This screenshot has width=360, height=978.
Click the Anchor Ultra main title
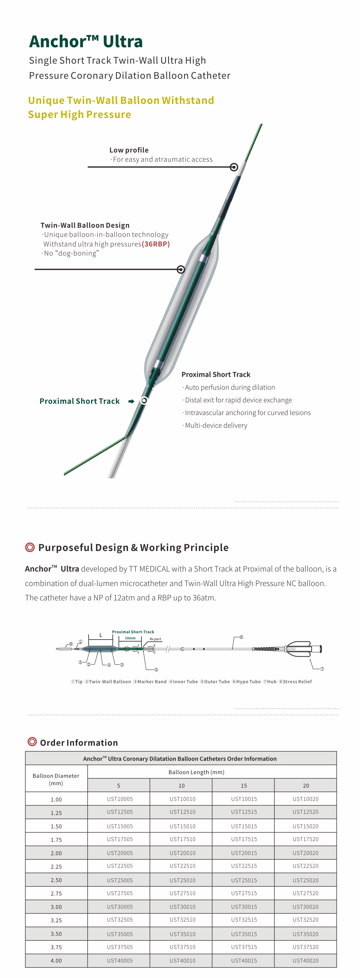(x=86, y=41)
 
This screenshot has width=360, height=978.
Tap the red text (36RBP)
(x=156, y=244)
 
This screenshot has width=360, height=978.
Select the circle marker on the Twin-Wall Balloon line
(x=181, y=270)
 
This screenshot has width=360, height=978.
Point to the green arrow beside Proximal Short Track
(x=131, y=401)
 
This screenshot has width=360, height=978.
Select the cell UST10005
(x=120, y=799)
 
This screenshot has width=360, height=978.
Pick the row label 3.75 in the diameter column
(x=56, y=947)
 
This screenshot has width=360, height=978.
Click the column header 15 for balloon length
(x=244, y=786)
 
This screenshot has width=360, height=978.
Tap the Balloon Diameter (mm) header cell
(x=56, y=779)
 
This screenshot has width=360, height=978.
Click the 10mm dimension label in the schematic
(x=130, y=638)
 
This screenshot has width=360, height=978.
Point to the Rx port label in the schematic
(x=155, y=639)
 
